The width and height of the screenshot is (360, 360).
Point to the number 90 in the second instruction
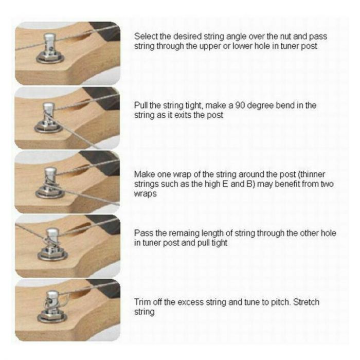tap(240, 105)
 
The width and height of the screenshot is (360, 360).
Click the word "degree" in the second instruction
tap(260, 106)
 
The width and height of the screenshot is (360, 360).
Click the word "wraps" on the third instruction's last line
tap(145, 194)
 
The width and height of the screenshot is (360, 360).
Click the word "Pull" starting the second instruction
tap(141, 105)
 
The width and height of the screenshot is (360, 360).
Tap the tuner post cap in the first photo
tap(49, 37)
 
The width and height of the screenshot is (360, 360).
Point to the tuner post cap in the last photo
tap(52, 295)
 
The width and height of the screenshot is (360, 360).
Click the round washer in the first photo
tap(50, 58)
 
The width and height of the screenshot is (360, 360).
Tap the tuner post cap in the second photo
tap(48, 107)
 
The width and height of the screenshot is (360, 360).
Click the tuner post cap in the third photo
tap(50, 172)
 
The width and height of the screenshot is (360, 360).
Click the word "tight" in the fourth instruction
tap(220, 243)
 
